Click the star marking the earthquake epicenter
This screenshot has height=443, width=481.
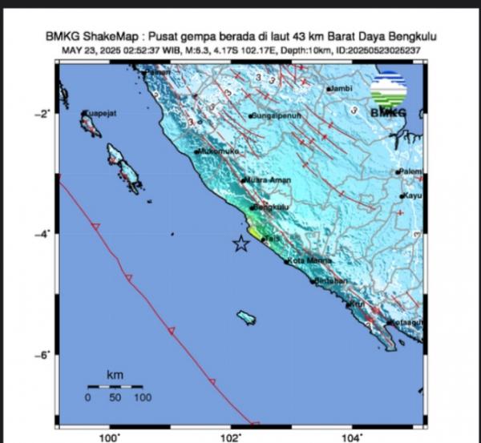tap(240, 244)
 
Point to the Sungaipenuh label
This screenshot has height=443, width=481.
tap(276, 115)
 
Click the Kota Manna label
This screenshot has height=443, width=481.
tap(309, 259)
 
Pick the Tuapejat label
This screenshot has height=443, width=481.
tap(100, 114)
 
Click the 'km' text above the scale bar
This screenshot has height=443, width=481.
tap(115, 375)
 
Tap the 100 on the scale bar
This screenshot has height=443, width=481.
tap(142, 397)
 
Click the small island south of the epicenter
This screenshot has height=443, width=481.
tap(246, 318)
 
